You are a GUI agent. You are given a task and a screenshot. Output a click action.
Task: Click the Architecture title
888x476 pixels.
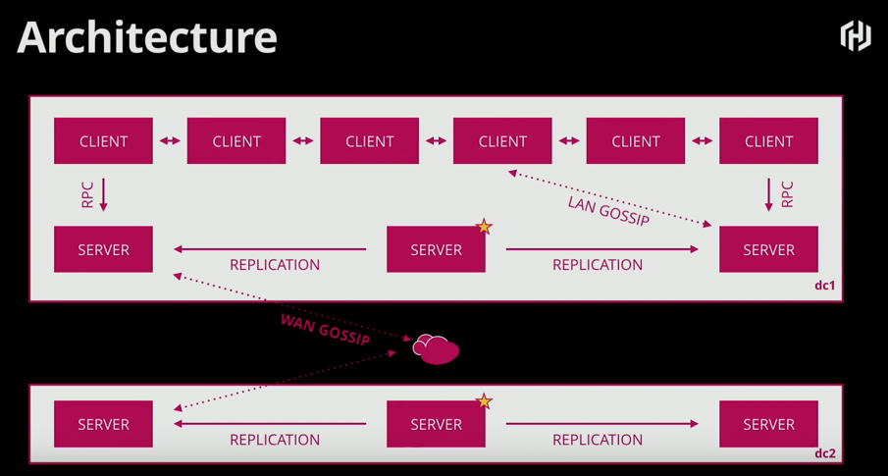147,37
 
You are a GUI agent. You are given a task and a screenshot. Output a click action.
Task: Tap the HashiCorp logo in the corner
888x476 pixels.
856,36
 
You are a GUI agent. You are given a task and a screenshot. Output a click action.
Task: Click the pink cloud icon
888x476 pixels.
436,348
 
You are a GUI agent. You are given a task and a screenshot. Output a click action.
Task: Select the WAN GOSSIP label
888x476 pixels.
325,329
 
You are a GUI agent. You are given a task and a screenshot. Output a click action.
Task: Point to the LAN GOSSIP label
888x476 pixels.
608,211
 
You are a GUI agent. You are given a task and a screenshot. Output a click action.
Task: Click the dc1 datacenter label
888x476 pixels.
824,286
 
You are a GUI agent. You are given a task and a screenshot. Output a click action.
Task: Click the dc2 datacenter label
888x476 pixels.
824,453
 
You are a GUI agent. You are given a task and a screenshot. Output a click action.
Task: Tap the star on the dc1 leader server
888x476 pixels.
484,227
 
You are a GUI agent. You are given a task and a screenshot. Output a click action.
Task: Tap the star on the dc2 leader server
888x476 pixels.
484,401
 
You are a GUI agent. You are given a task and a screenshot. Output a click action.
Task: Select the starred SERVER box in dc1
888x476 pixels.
436,250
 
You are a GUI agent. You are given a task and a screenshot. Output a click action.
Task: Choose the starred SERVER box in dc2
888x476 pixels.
436,425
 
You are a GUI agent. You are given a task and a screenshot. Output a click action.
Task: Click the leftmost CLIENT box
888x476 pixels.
103,141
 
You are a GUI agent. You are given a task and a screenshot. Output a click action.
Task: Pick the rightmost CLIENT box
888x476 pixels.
768,141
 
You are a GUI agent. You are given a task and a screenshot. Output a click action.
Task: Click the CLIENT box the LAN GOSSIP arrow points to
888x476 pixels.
502,141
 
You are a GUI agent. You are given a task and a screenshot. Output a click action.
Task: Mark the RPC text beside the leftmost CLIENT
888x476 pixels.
87,194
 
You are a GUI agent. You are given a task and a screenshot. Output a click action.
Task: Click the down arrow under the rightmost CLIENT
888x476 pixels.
769,194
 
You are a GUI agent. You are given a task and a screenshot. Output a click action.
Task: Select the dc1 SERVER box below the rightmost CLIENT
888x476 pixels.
768,250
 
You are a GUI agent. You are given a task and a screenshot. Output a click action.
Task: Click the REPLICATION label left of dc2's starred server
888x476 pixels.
275,440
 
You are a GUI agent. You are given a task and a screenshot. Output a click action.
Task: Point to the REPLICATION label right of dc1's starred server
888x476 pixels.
598,265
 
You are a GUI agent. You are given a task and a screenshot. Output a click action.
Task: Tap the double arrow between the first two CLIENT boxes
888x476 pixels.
170,141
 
